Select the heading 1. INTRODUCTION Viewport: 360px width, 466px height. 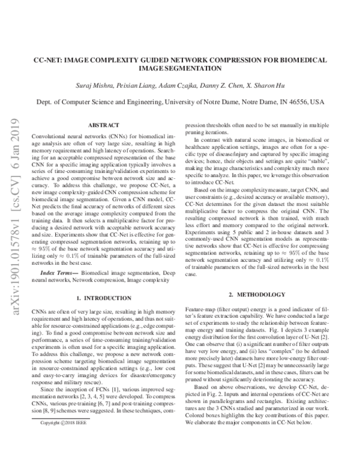[99, 298]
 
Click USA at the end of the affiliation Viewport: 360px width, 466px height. [318, 103]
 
